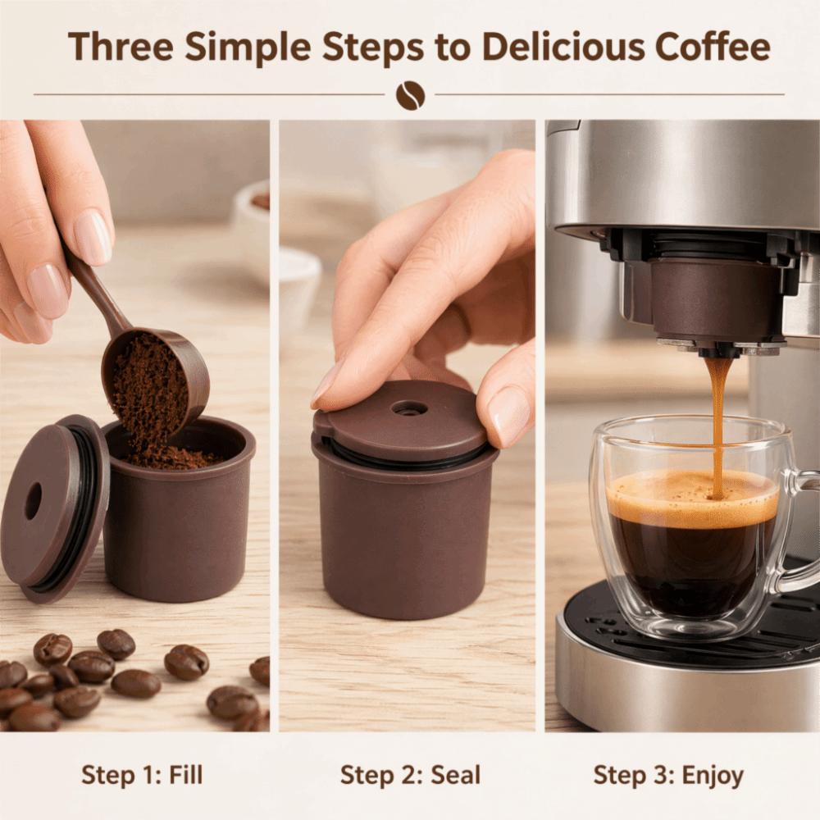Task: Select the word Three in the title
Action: tap(121, 47)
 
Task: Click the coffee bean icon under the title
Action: tap(411, 96)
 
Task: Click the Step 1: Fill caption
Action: tap(142, 775)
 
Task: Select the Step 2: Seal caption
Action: tap(410, 775)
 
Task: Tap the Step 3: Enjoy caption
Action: tap(668, 776)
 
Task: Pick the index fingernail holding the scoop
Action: tap(93, 237)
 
